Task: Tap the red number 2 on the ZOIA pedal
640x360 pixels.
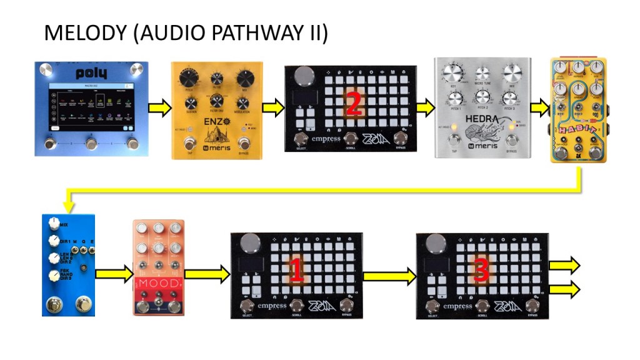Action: [x=352, y=104]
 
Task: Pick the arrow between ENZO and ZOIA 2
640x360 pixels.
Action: [x=273, y=108]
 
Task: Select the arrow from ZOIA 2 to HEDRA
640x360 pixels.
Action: [x=424, y=108]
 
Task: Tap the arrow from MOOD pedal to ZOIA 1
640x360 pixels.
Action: [x=207, y=272]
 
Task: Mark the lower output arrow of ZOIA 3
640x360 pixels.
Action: [x=564, y=289]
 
